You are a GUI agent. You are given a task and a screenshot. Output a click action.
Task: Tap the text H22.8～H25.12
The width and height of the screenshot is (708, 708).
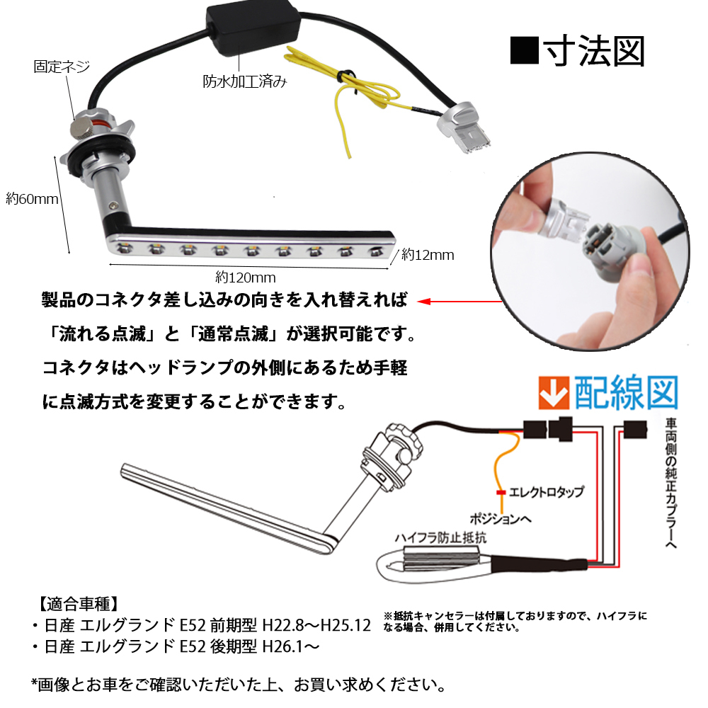coord(316,626)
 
